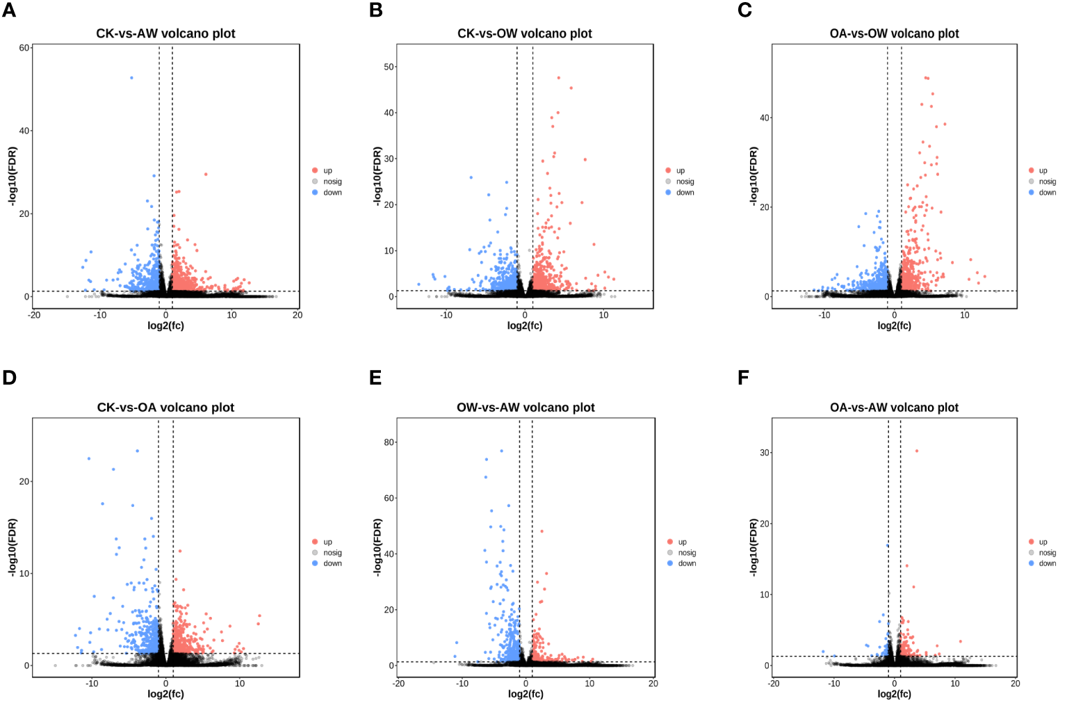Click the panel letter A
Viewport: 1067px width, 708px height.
(9, 10)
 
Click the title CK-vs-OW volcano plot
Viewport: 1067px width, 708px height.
(524, 33)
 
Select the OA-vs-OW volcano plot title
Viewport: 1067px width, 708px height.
(894, 33)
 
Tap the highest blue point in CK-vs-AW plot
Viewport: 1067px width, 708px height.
(131, 78)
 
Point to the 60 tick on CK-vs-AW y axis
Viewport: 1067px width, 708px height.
(24, 48)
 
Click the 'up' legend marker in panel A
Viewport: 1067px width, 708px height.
(315, 170)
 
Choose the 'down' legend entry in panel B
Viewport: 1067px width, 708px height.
(685, 193)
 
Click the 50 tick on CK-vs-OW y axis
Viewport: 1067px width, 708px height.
(389, 67)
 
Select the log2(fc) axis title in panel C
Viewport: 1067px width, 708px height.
(894, 325)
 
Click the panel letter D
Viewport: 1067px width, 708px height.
(9, 378)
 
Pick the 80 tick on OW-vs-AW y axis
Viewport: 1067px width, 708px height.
(389, 442)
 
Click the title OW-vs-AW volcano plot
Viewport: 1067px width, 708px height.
(526, 408)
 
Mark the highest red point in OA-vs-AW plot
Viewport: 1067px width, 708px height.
(917, 451)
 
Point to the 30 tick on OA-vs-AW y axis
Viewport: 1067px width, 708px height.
(765, 453)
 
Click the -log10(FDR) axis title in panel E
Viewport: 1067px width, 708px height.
(377, 547)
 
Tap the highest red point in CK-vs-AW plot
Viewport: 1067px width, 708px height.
(206, 174)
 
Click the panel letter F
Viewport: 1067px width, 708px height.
(743, 378)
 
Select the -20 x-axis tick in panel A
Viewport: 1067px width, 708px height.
(34, 315)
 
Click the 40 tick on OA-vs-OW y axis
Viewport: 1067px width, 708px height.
(765, 118)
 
